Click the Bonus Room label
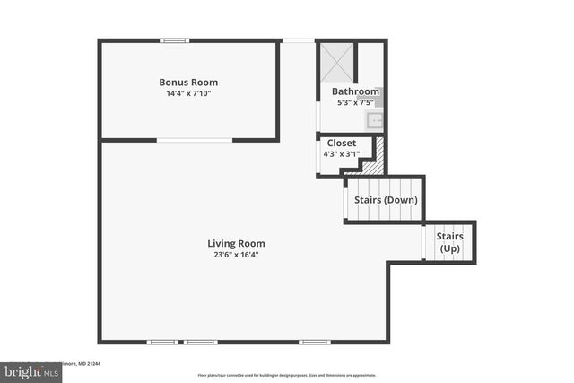point(188,83)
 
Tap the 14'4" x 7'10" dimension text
point(188,94)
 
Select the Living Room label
point(236,243)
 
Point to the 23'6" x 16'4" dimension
point(236,255)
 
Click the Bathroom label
point(353,91)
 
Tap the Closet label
point(342,144)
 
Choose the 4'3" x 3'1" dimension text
point(342,154)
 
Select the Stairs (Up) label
point(449,242)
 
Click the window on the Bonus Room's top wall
point(175,39)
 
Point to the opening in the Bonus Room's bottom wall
point(195,140)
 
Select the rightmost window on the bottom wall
point(314,342)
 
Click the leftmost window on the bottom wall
point(162,342)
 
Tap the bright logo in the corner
point(27,370)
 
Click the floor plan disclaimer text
point(287,375)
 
